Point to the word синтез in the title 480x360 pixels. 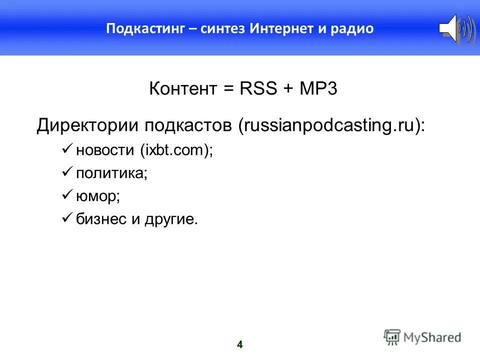click(x=223, y=28)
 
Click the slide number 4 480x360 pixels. click(x=239, y=344)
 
